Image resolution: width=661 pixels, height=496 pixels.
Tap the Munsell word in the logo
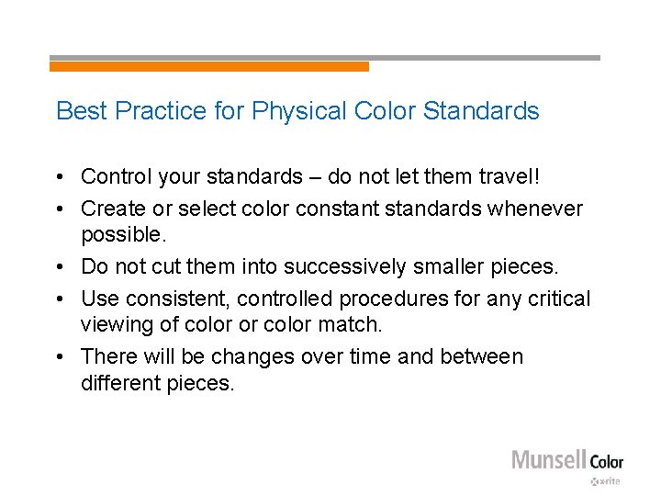[x=547, y=460]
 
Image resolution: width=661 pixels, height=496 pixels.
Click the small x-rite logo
[x=606, y=481]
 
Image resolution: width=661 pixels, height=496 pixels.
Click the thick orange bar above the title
[x=208, y=66]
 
